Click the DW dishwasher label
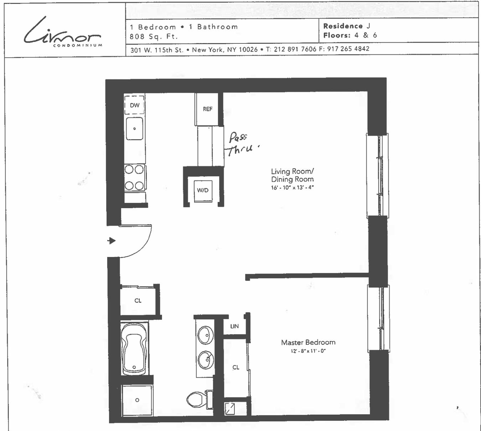pos(135,105)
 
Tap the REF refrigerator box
pos(207,109)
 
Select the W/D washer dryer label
pos(203,190)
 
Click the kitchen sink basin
pos(135,128)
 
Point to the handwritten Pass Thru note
pos(241,144)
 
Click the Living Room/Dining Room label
pos(292,175)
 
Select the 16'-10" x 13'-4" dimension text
pos(292,188)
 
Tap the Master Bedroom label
pos(308,342)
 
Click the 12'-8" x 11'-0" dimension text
pos(308,351)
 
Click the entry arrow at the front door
pos(112,241)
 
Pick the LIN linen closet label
pos(234,326)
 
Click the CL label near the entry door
pos(138,301)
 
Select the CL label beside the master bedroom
pos(236,368)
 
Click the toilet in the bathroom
pos(197,399)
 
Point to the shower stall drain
pos(137,400)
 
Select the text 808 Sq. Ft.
pos(154,37)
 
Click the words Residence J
pos(347,26)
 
